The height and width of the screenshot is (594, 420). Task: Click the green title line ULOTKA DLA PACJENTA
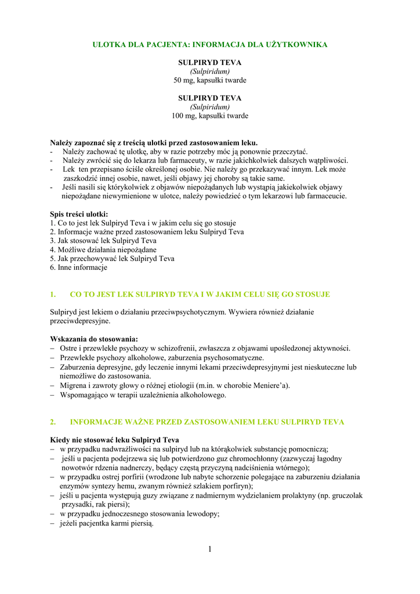210,45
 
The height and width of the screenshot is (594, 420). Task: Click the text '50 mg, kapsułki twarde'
210,80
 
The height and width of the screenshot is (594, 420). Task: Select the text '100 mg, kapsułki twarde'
210,116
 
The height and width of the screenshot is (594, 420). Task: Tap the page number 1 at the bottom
210,549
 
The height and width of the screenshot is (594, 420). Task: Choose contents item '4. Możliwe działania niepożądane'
103,249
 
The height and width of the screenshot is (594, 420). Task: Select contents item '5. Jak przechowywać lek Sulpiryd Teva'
112,259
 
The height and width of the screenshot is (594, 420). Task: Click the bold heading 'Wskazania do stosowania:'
94,339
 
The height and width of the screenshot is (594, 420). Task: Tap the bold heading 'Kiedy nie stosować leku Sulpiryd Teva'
114,440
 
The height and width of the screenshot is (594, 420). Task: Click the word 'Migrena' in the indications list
74,385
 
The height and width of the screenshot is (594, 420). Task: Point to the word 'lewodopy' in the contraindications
202,513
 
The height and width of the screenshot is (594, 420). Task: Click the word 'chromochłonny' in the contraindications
241,458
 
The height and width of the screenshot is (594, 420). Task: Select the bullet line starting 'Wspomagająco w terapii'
143,395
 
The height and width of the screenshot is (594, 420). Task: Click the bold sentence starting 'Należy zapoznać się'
154,143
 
